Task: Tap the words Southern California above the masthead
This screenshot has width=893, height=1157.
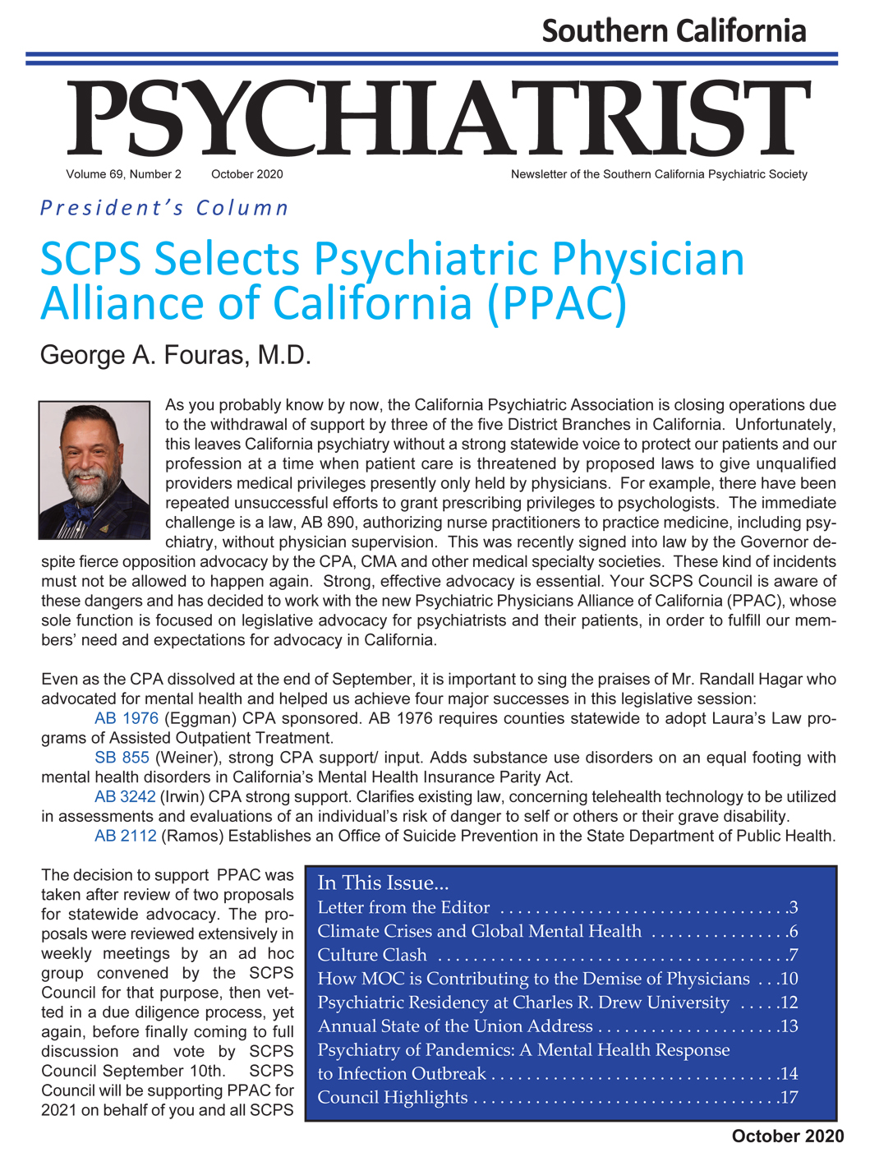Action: point(674,31)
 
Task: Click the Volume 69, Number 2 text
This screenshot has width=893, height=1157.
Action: point(124,174)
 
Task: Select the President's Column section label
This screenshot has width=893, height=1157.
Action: point(164,208)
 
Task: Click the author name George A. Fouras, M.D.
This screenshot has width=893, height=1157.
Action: point(176,355)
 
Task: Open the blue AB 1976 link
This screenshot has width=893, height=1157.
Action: point(126,718)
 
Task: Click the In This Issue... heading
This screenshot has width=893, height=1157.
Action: point(383,883)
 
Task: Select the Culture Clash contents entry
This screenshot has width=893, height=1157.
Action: point(372,955)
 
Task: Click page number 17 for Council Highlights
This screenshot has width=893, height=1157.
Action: point(789,1098)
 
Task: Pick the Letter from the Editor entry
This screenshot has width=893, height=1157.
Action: point(403,908)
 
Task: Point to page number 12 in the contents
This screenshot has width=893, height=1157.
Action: point(789,1003)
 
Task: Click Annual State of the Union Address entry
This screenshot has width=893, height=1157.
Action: point(455,1026)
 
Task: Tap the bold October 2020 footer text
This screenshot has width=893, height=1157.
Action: point(787,1136)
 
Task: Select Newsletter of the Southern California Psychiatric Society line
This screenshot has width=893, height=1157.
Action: point(659,174)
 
